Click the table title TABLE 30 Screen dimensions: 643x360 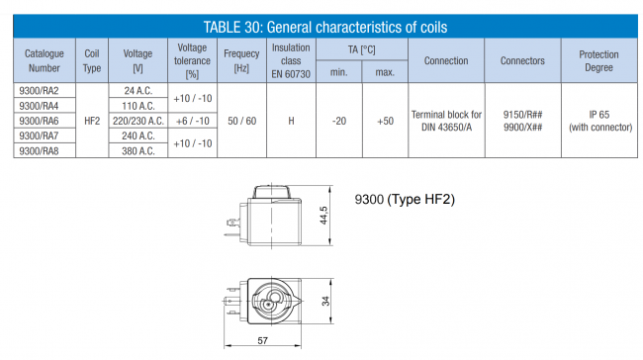(232, 27)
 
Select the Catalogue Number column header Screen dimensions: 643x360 (45, 60)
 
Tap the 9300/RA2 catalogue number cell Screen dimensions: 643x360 (39, 91)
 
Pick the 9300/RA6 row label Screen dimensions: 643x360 (39, 121)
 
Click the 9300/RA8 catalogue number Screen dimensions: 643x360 (39, 151)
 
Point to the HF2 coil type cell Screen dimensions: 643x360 (92, 121)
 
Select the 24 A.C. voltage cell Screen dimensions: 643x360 (138, 91)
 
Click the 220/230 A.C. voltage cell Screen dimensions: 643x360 (138, 121)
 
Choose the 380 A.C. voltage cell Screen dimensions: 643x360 (138, 151)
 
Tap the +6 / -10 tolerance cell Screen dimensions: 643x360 (192, 121)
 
